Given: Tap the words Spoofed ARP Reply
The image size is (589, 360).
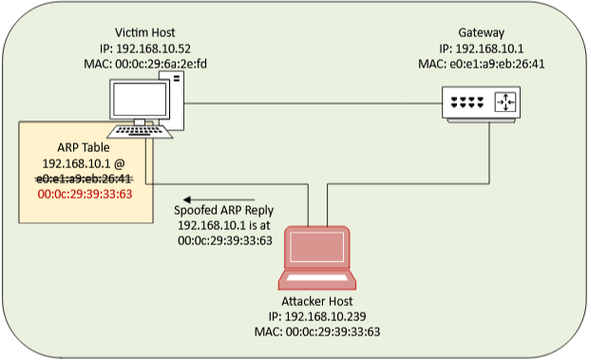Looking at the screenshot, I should [224, 211].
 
